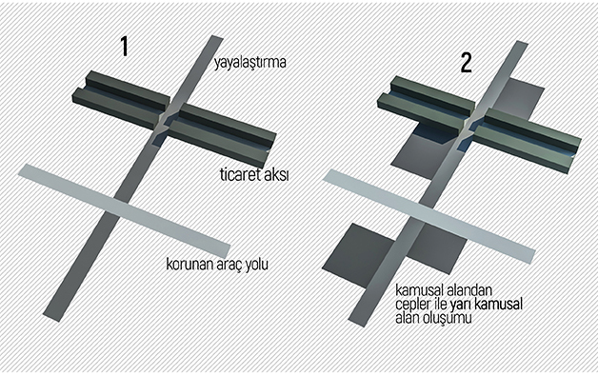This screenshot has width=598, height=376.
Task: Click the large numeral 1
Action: click(124, 46)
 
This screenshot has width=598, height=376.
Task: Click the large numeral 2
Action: click(466, 63)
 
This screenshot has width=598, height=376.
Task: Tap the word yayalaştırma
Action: click(249, 62)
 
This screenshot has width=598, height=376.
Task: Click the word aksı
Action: click(276, 175)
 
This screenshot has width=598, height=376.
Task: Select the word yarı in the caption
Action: click(460, 305)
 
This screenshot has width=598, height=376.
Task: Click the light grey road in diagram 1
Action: click(125, 210)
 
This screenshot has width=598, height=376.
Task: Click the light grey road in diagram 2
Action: click(429, 216)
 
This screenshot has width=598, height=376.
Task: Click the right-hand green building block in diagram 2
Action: click(527, 140)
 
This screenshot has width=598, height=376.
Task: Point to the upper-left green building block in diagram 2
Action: click(427, 104)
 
